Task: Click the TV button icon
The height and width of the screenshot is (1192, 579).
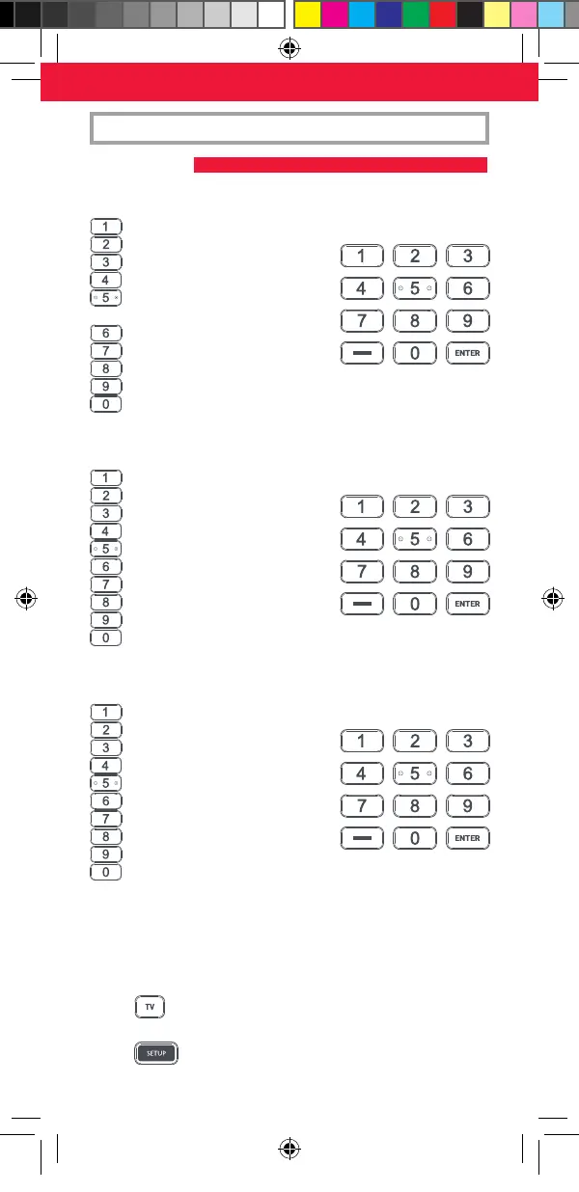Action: point(150,1007)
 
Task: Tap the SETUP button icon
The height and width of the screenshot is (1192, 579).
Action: point(156,1053)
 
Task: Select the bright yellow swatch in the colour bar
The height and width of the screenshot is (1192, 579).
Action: point(307,14)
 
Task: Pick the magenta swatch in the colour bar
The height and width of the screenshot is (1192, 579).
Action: point(334,14)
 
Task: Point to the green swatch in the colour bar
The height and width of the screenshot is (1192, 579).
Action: point(416,14)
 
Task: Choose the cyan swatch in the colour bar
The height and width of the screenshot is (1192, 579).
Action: point(361,14)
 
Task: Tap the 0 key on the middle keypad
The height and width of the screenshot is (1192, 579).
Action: point(415,604)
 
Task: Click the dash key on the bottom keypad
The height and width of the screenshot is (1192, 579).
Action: point(362,838)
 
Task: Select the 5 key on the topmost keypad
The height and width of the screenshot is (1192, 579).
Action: point(415,288)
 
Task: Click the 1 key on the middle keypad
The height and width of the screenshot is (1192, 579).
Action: point(362,506)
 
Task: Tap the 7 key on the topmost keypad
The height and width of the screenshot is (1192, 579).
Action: point(362,321)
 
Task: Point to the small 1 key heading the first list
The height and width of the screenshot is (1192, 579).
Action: point(106,228)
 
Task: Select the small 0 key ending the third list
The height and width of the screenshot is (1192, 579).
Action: point(106,872)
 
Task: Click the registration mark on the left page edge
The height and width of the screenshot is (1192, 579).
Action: point(27,598)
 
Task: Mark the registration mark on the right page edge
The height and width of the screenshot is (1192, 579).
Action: point(552,598)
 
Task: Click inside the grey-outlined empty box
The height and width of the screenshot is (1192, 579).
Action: point(289,128)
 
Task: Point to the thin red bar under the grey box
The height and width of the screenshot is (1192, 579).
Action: point(341,165)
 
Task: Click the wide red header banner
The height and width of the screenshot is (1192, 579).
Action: point(289,82)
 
